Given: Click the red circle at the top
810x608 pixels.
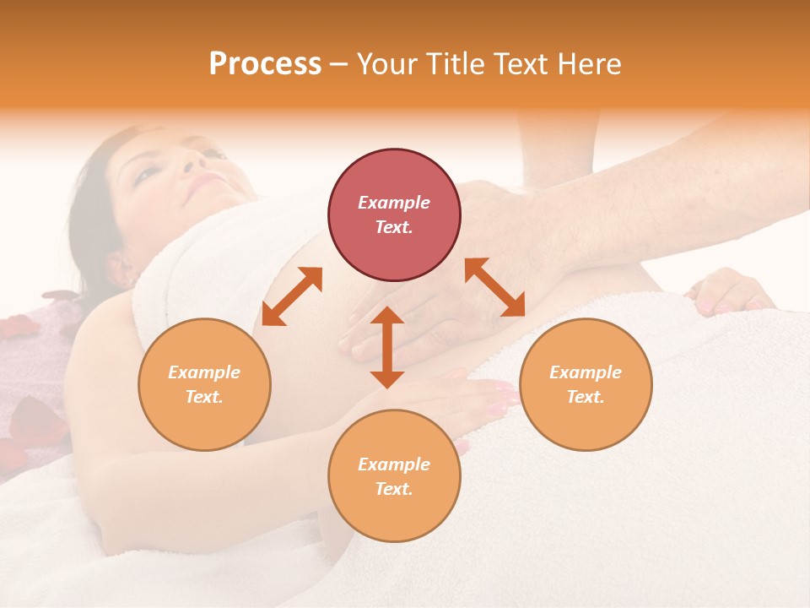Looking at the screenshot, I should point(394,214).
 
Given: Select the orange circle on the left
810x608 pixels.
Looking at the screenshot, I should point(204,384).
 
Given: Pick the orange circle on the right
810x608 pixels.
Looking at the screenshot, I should point(586,384).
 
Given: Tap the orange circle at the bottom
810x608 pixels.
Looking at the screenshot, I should point(394,476).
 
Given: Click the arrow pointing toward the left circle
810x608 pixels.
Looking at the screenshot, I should point(292,296).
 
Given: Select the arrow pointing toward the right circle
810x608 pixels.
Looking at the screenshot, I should point(495,287).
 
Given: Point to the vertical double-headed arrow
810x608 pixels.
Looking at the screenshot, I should point(387,347).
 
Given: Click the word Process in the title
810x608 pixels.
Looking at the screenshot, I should point(265,64).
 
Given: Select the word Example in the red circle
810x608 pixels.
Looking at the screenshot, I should point(394,203).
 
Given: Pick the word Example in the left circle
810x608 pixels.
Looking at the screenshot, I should point(204,372).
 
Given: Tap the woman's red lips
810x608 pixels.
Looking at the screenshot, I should point(205,181).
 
